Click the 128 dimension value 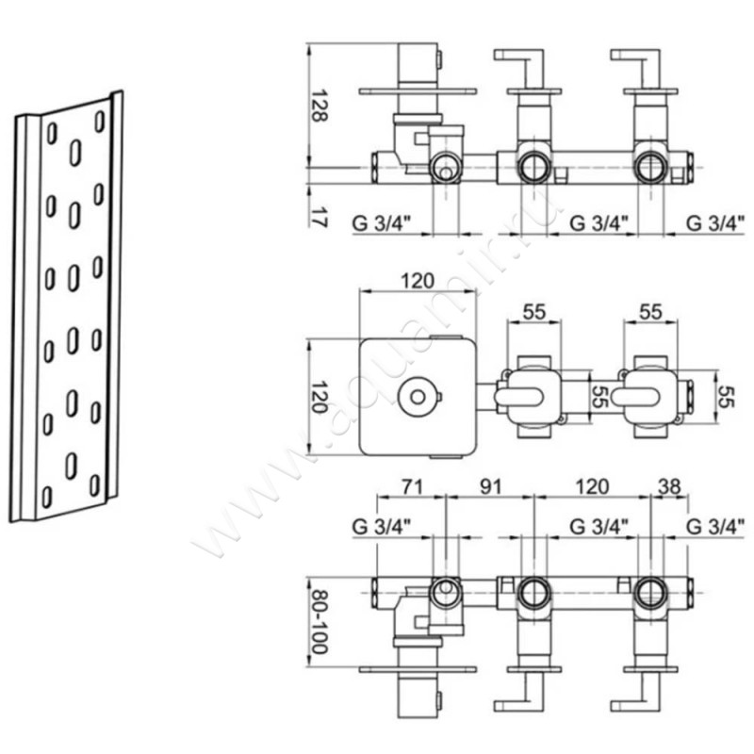[319, 106]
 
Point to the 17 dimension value [319, 217]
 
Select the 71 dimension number [412, 486]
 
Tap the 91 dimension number [490, 486]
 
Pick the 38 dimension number [669, 486]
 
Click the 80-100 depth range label [319, 620]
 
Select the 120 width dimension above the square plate [418, 281]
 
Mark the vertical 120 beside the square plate [319, 397]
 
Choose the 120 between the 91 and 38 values [593, 486]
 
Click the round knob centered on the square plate [418, 397]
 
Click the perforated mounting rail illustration [66, 306]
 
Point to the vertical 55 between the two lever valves [598, 397]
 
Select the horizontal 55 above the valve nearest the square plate [534, 312]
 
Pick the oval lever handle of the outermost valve [635, 397]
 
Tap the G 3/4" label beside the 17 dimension [383, 223]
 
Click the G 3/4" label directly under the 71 [383, 527]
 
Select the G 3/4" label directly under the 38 [716, 527]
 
